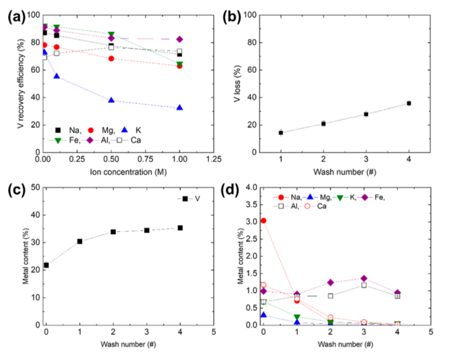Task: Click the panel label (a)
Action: tap(16, 16)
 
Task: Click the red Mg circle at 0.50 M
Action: tap(111, 59)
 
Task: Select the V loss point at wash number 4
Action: tap(409, 103)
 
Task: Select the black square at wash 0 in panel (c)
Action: tap(46, 265)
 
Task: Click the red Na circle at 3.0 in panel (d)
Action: tap(264, 221)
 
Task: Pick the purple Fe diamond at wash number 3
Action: tap(364, 278)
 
